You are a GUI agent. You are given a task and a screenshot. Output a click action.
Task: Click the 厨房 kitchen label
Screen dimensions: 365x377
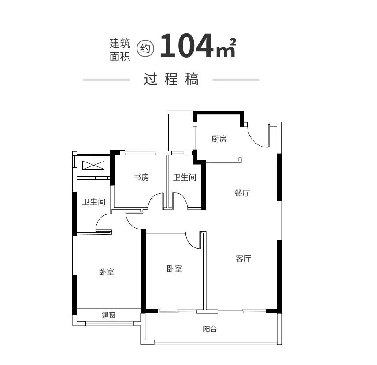[219, 139]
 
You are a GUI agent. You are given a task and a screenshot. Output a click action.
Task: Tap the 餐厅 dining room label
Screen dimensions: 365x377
[242, 193]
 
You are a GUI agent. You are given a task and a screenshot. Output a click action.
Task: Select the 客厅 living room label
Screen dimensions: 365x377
[243, 258]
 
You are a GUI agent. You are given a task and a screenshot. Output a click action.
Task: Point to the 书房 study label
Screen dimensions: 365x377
[141, 177]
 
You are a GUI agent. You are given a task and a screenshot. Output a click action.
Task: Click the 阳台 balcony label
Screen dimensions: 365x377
[210, 329]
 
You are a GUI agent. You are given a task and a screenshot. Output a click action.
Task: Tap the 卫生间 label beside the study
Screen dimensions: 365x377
[184, 177]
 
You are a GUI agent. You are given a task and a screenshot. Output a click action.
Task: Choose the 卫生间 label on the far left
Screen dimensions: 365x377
[94, 202]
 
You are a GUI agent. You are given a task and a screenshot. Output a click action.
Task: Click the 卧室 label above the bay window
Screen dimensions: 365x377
[107, 272]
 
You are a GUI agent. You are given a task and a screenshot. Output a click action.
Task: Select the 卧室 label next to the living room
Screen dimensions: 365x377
[174, 269]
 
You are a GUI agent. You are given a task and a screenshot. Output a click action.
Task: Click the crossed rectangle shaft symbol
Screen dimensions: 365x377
[93, 165]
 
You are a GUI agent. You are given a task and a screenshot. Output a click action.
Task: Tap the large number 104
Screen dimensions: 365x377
[186, 47]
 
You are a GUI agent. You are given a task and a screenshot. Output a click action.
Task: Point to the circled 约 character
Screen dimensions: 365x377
[145, 49]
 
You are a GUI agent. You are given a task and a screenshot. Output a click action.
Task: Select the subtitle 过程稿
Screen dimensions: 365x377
[171, 79]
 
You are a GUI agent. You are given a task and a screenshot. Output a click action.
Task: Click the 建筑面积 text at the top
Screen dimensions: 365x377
[120, 49]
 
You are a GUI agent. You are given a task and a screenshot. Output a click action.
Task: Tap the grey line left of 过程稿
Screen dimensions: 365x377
[106, 80]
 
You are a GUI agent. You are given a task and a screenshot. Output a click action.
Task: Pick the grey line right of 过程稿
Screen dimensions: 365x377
[236, 80]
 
